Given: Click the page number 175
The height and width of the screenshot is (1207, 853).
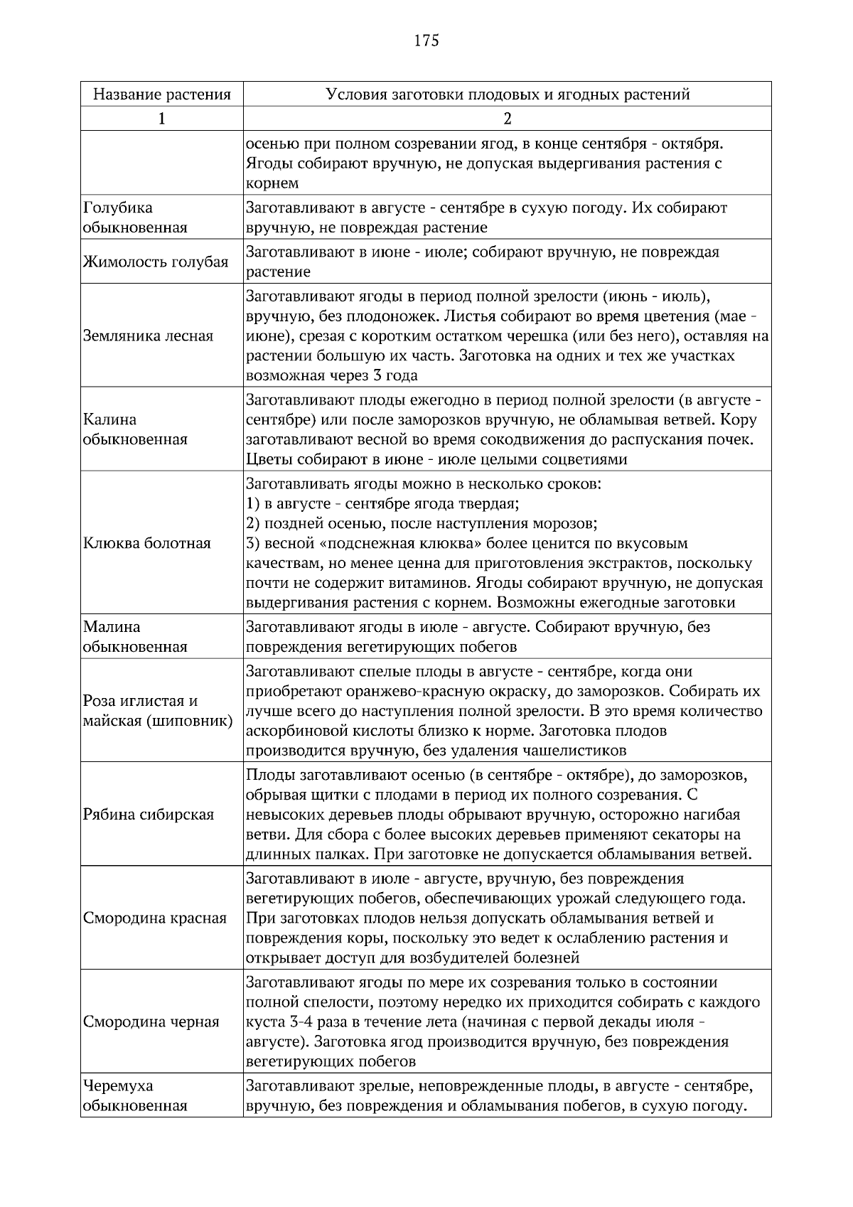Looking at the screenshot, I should click(426, 41).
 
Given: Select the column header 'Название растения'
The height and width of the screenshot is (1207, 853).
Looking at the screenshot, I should click(162, 95).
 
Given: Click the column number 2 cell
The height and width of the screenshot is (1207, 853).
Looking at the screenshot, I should click(507, 119).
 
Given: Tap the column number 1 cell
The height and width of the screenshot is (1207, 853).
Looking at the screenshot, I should click(162, 119).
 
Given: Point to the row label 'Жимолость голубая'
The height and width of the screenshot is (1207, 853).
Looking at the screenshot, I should click(156, 262).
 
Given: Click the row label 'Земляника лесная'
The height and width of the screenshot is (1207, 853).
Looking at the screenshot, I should click(148, 336).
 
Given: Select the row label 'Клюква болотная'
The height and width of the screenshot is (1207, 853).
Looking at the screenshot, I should click(147, 544).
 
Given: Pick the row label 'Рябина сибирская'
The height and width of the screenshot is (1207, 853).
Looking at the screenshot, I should click(149, 815).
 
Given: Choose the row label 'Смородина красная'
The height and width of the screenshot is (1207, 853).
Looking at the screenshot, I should click(155, 918).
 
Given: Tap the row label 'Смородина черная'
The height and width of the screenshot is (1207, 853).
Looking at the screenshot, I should click(151, 1022).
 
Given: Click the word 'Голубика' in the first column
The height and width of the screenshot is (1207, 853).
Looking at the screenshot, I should click(117, 208).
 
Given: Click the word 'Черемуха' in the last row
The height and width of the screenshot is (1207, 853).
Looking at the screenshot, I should click(118, 1086).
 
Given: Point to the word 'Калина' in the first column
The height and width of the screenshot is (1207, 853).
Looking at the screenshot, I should click(109, 419).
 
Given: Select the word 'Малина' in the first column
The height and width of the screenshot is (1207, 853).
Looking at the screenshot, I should click(112, 627).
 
